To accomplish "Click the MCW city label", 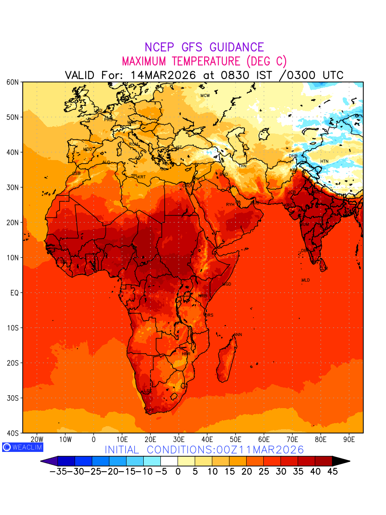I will [205, 95].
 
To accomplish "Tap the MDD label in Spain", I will [87, 149].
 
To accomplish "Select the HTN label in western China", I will [324, 161].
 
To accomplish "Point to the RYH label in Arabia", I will [230, 205].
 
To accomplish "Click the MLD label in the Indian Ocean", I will [305, 280].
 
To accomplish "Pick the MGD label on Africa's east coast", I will [227, 285].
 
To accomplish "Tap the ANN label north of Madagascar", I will [238, 335].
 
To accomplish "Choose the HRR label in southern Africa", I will [186, 354].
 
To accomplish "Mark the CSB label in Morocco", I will [76, 173].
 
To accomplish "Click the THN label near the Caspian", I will [242, 166].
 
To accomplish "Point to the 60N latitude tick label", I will [12, 82].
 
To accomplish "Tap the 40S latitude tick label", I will [12, 433].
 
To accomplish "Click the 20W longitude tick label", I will [37, 439].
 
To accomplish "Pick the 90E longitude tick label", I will [349, 439].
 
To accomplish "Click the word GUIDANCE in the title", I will [234, 47].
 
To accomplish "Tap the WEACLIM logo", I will [22, 447].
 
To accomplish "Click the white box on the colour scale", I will [169, 461].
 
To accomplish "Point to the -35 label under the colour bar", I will [57, 472].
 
